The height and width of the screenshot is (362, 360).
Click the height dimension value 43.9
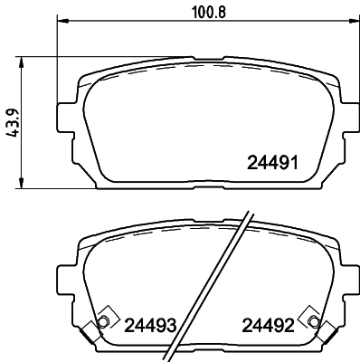point(12,121)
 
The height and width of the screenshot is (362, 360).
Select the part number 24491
point(272,164)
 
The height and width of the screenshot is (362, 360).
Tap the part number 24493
point(149,325)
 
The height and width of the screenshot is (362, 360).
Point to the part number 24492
point(267,325)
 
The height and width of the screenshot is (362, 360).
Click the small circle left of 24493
point(102,322)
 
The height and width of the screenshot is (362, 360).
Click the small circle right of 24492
point(313,322)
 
